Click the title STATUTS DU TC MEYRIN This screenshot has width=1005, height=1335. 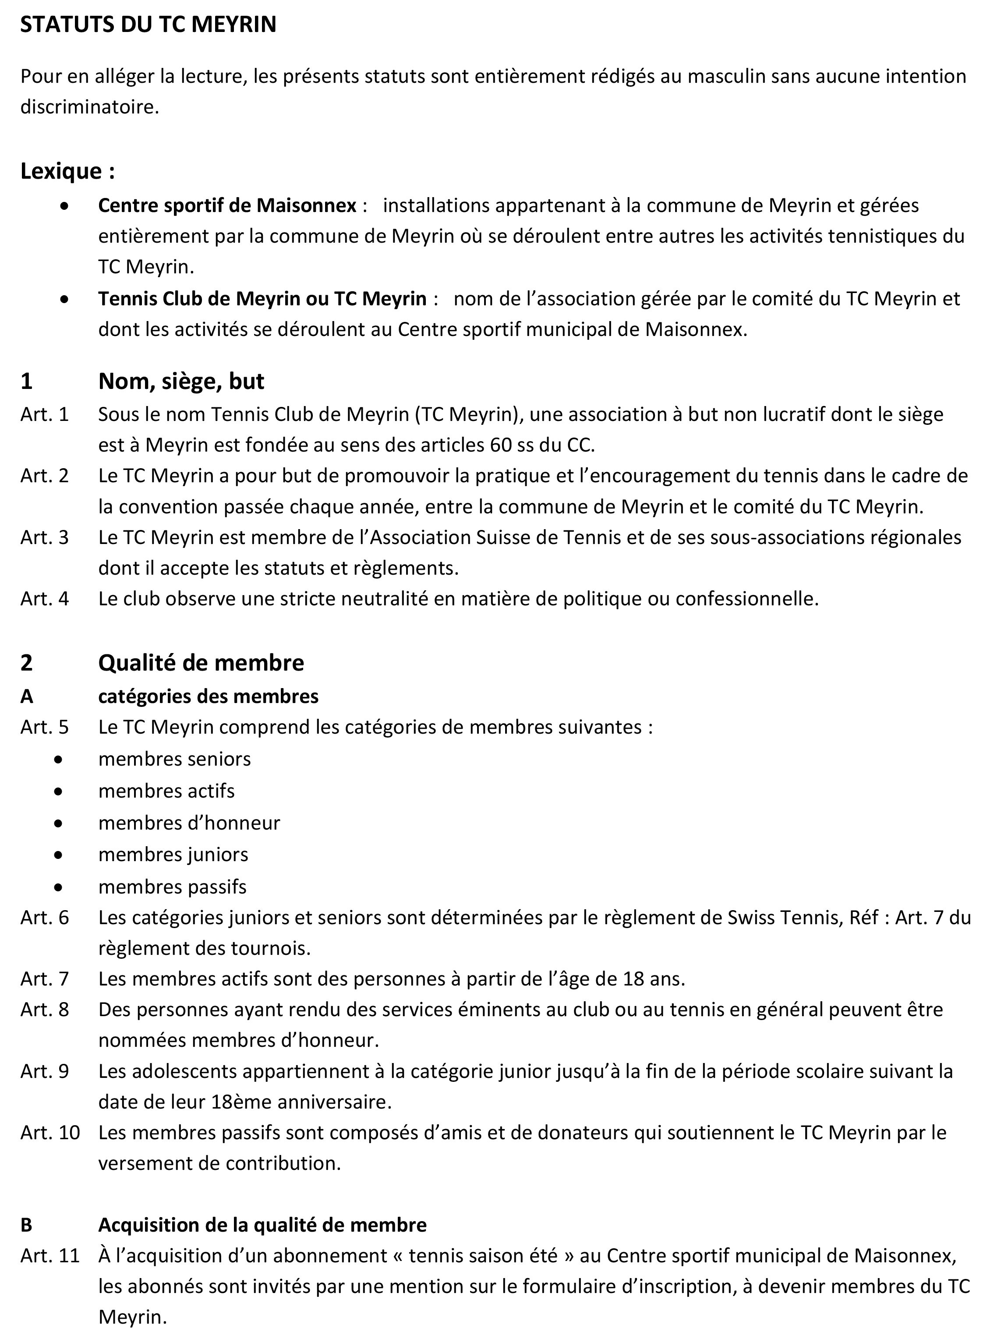pyautogui.click(x=149, y=24)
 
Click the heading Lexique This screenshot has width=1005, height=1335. pyautogui.click(x=67, y=171)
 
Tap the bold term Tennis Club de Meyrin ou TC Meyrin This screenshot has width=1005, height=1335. pyautogui.click(x=262, y=298)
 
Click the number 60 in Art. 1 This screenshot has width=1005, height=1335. pyautogui.click(x=496, y=445)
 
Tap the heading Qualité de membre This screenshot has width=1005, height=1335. pyautogui.click(x=201, y=663)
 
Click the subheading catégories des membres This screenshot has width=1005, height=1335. pyautogui.click(x=208, y=696)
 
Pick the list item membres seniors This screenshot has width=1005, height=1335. pyautogui.click(x=174, y=759)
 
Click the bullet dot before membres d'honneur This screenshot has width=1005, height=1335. pyautogui.click(x=58, y=823)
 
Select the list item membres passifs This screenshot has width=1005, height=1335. pyautogui.click(x=173, y=886)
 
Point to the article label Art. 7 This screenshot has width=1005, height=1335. pyautogui.click(x=45, y=978)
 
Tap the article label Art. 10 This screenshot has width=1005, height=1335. pyautogui.click(x=50, y=1132)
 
